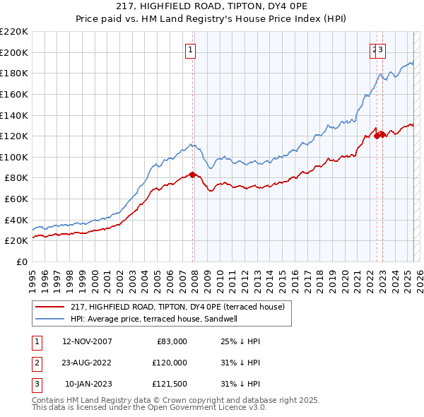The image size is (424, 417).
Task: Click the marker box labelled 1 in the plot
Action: [x=192, y=49]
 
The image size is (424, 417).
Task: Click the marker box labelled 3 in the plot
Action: [x=381, y=49]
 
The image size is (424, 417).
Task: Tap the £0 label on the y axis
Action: [x=22, y=262]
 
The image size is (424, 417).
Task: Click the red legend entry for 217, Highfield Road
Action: [x=177, y=307]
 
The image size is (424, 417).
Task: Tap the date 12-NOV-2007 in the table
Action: [x=87, y=341]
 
